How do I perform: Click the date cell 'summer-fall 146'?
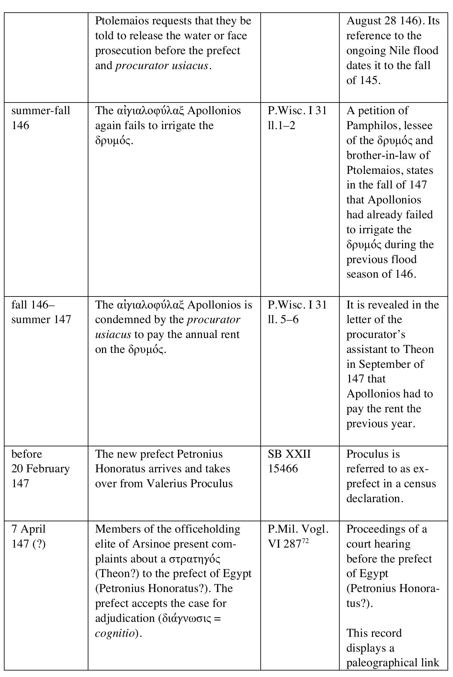41,118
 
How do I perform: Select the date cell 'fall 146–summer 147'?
41,312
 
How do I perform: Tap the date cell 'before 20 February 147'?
40,469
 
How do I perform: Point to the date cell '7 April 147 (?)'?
28,536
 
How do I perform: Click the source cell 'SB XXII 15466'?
289,461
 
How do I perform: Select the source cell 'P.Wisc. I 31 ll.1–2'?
297,118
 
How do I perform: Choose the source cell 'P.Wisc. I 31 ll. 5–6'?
297,312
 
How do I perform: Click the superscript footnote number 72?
305,540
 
